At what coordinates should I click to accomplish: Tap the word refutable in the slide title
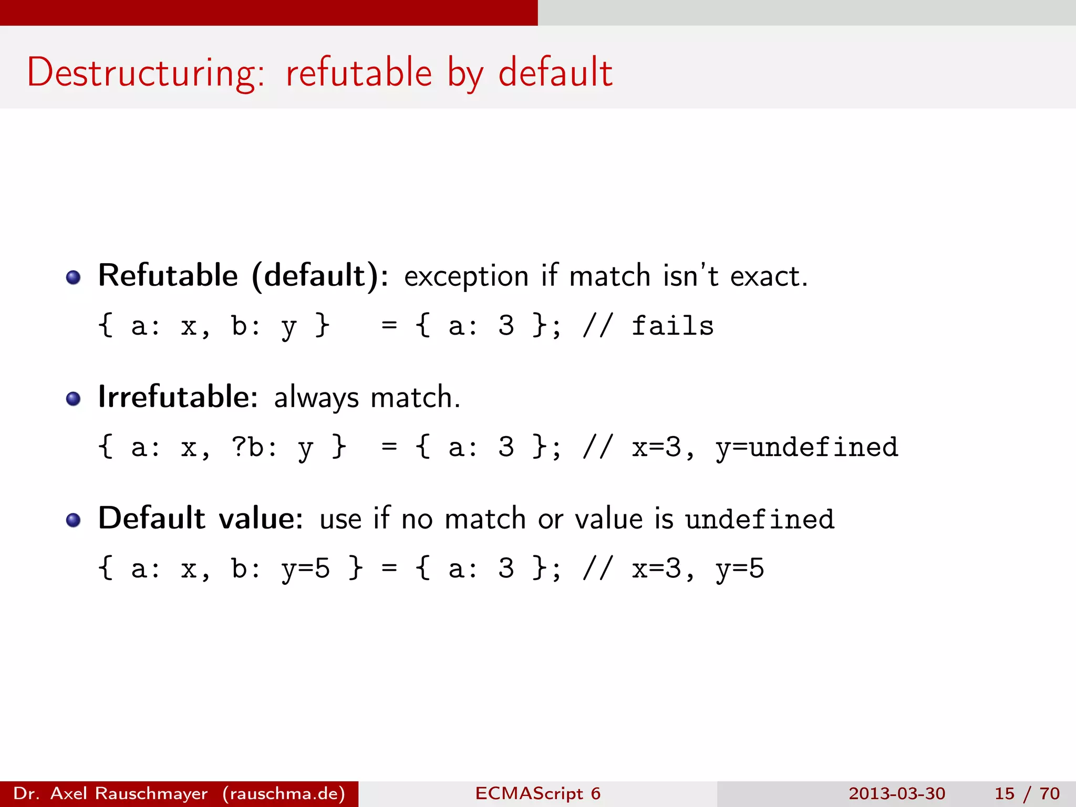(x=358, y=73)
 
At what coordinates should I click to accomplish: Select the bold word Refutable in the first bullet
(x=168, y=275)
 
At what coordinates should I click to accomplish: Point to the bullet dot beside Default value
(x=74, y=520)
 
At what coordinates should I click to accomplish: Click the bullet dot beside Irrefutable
(x=74, y=399)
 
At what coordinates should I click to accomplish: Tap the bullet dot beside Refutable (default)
(x=74, y=277)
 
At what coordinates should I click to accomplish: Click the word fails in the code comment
(x=672, y=326)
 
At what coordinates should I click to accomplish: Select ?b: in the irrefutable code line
(x=255, y=447)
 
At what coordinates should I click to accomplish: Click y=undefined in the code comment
(x=807, y=447)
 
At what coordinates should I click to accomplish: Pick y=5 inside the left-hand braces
(x=305, y=568)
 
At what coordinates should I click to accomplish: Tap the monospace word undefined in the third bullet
(x=760, y=519)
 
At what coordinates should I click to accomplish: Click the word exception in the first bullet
(x=466, y=276)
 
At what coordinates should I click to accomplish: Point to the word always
(x=316, y=398)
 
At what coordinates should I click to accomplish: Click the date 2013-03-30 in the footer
(x=897, y=793)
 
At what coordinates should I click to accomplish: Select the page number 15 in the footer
(x=1004, y=793)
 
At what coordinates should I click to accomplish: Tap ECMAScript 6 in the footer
(x=537, y=793)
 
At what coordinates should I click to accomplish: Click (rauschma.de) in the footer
(x=284, y=793)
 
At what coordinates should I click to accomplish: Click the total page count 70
(x=1049, y=793)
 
